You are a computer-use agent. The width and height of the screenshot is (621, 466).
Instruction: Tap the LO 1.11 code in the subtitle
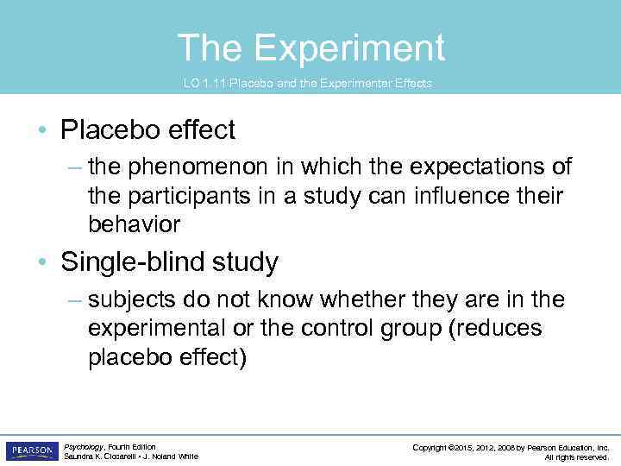pyautogui.click(x=201, y=84)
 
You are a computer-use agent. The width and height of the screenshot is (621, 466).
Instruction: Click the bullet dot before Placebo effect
pyautogui.click(x=41, y=131)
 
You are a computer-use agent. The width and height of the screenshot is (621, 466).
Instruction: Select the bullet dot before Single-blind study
pyautogui.click(x=41, y=263)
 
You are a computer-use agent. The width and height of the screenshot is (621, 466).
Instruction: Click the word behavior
pyautogui.click(x=134, y=224)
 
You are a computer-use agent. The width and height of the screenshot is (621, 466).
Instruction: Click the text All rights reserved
pyautogui.click(x=577, y=457)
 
